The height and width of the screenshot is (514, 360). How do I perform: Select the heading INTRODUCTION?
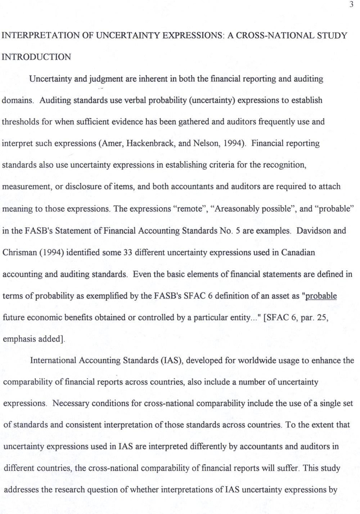point(36,57)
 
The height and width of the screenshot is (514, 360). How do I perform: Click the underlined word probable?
point(321,296)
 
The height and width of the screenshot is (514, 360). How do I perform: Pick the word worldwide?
point(249,361)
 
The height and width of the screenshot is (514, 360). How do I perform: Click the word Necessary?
point(70,403)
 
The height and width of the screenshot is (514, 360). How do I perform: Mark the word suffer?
point(289,468)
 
